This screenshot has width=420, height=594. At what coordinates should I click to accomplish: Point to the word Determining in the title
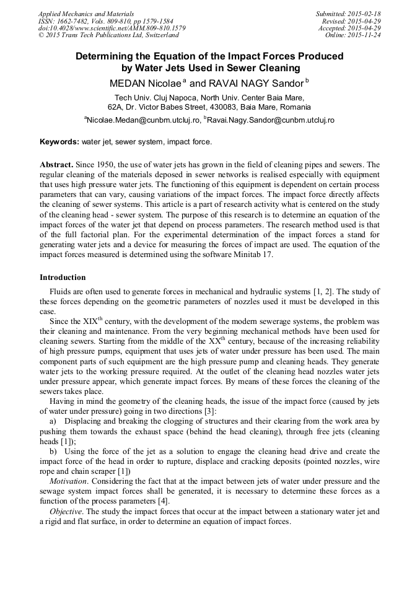105,56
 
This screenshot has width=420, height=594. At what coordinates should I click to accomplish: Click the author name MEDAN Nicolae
145,82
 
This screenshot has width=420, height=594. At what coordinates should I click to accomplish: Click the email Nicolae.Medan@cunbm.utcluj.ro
144,120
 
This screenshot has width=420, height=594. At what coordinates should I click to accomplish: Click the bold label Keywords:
59,142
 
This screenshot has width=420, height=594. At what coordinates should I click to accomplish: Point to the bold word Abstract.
56,165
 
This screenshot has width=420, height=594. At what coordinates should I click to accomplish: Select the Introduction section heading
63,277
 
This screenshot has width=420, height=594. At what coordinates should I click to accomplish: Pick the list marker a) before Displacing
53,421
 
